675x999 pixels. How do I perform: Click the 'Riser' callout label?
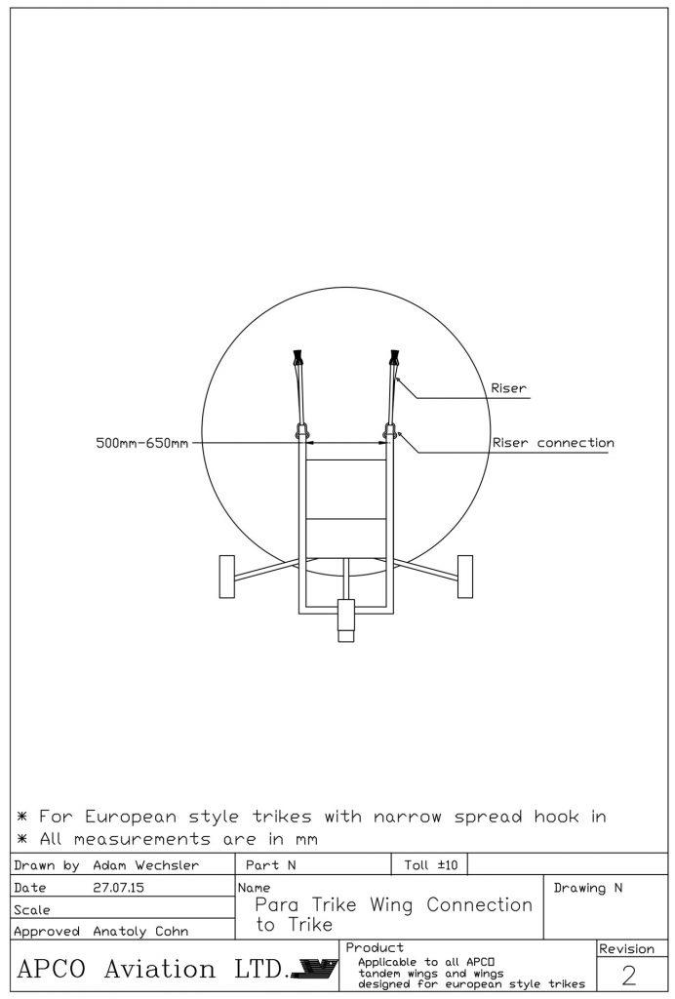coord(509,388)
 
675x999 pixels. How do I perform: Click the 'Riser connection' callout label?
coord(553,443)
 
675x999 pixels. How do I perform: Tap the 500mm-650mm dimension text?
coord(142,443)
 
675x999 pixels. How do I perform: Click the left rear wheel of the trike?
coord(226,577)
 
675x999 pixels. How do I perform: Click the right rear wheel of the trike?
coord(465,577)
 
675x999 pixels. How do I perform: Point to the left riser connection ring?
coord(301,432)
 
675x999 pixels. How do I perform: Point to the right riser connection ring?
coord(390,432)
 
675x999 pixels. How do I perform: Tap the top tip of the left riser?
coord(297,351)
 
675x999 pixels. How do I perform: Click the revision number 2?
coord(628,976)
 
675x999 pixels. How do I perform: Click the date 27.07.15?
coord(118,888)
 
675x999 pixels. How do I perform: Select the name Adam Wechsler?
coord(145,865)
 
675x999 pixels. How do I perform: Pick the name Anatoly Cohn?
coord(140,932)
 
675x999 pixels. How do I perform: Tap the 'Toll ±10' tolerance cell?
coord(430,864)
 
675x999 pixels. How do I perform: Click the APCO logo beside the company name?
coord(314,969)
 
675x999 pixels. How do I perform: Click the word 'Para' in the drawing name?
coord(277,904)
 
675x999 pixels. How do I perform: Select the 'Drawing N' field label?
coord(588,888)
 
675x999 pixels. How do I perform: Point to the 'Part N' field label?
coord(270,865)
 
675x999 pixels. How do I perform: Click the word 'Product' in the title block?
coord(375,948)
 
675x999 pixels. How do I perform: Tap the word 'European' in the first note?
coord(131,818)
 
